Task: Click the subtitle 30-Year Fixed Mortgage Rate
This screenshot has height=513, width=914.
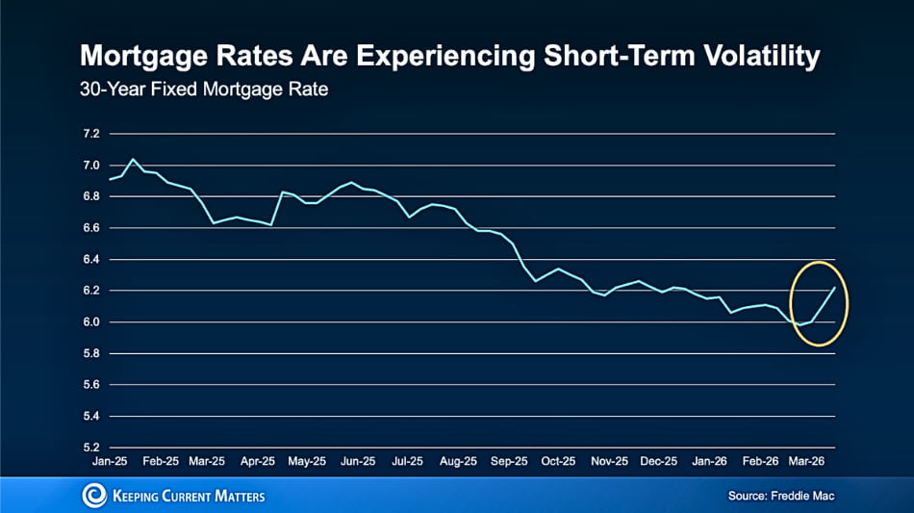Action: tap(204, 91)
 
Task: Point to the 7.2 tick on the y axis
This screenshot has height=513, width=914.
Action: tap(91, 134)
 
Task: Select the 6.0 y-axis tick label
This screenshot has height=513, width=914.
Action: tap(91, 321)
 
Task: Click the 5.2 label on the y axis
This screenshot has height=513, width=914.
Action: tap(91, 448)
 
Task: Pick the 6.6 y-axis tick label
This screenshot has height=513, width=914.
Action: tap(91, 228)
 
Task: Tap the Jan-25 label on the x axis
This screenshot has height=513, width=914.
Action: tap(110, 461)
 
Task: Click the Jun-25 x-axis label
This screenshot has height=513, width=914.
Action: tap(359, 461)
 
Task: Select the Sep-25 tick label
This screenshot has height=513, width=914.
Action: tap(509, 461)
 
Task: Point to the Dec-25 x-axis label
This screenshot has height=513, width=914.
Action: tap(659, 461)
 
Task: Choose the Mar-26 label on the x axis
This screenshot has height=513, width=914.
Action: tap(809, 461)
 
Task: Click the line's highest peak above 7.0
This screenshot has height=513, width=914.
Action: tap(133, 159)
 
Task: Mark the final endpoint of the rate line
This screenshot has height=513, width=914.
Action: tap(834, 287)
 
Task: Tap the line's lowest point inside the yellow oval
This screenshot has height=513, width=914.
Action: tap(800, 325)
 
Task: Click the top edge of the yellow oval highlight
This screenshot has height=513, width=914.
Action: tap(819, 262)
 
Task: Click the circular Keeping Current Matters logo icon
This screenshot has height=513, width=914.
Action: tap(94, 496)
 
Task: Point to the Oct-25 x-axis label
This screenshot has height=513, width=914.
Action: tap(559, 461)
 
